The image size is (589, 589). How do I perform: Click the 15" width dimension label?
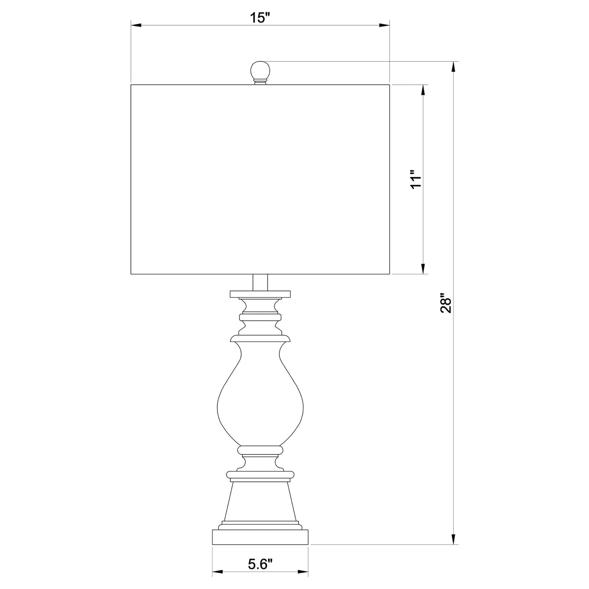pos(260,18)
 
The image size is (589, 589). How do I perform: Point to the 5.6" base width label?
pos(260,564)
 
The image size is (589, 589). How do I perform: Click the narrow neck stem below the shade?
pos(260,282)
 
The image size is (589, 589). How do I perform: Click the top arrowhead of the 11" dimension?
pos(424,90)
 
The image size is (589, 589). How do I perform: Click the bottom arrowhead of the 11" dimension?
pos(424,269)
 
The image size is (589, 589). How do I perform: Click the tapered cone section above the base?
pos(260,499)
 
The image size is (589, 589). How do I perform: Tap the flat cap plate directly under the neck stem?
pos(260,294)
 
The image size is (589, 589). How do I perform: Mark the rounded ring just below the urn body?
pos(260,449)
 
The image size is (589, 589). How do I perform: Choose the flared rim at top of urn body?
pos(260,339)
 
